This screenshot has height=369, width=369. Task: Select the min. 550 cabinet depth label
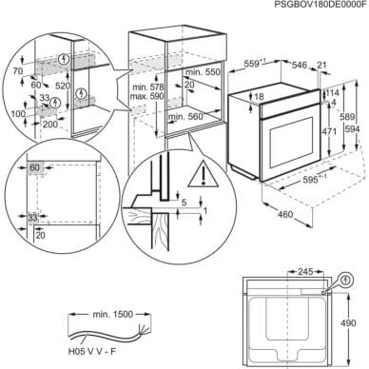click(196, 73)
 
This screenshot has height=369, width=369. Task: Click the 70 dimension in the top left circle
click(16, 71)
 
